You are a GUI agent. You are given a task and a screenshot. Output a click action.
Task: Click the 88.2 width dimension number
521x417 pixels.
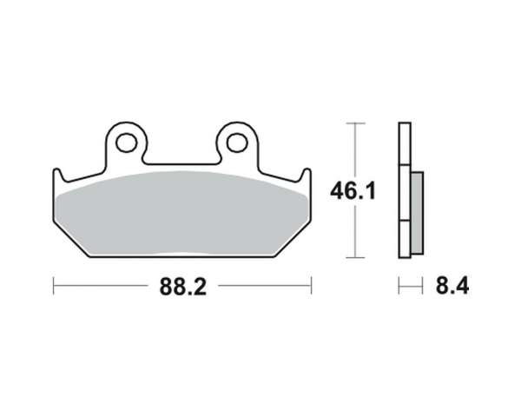183,287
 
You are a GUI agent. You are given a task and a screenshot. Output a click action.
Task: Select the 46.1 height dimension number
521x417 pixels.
353,191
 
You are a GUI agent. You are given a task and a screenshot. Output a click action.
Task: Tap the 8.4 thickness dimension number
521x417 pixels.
452,286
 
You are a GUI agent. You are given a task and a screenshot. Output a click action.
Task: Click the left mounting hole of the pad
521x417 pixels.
126,142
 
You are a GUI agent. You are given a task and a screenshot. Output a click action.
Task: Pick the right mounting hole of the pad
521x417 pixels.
237,142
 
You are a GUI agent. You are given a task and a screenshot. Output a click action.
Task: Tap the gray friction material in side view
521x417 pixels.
417,213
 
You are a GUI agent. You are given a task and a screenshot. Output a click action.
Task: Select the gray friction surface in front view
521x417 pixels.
182,214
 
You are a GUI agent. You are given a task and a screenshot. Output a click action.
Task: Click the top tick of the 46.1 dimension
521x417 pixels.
355,123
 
